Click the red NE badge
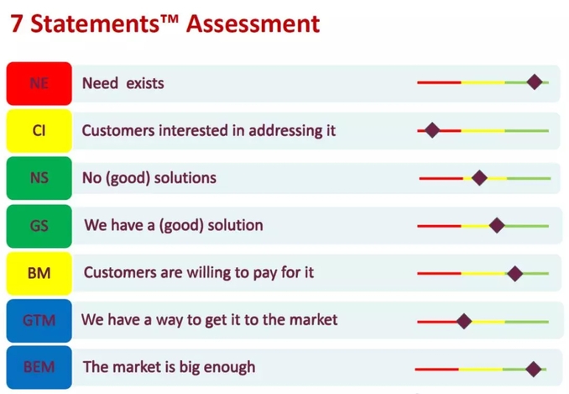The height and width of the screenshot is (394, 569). [39, 83]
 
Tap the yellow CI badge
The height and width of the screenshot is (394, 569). [39, 131]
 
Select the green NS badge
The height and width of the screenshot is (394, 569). [39, 178]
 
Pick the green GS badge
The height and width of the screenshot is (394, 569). [39, 226]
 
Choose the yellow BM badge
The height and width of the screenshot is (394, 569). [39, 273]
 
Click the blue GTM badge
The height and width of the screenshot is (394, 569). [39, 321]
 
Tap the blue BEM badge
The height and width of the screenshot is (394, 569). [39, 367]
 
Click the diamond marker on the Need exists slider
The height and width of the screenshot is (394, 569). [535, 81]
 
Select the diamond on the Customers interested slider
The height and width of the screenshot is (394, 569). [432, 130]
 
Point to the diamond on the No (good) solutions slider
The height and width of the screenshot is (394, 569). [479, 178]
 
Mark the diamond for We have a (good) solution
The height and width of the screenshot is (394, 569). [497, 225]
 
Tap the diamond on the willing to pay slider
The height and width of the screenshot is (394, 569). [515, 273]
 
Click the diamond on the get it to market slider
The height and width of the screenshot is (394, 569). [464, 322]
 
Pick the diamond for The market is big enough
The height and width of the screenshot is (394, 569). [534, 370]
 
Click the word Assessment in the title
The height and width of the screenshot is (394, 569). [253, 24]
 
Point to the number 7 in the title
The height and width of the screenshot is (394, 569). [16, 24]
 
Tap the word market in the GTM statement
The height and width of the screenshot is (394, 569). [313, 320]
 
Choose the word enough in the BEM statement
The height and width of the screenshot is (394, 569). [229, 367]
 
